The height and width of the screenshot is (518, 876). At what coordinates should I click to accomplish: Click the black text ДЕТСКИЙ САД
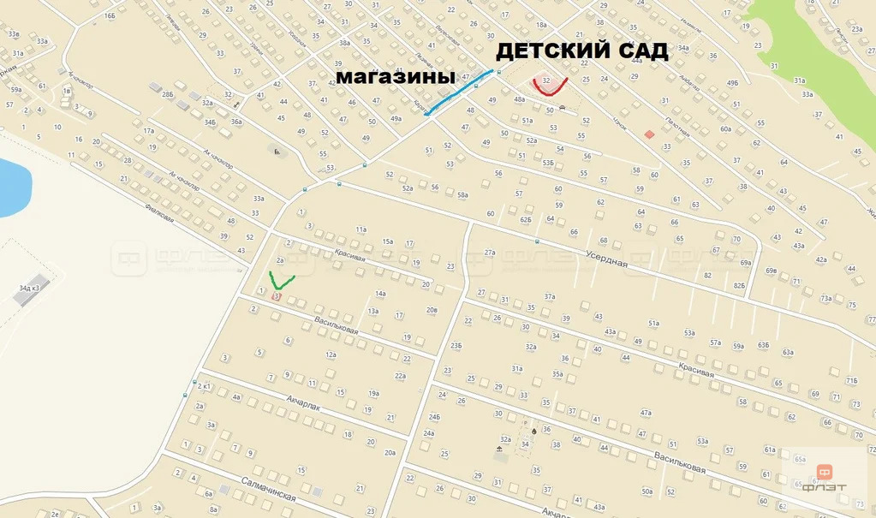coord(581,51)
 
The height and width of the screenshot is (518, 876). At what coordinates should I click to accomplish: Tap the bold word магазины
coord(395,77)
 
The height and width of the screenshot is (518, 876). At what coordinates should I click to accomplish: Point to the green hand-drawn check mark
coord(281,279)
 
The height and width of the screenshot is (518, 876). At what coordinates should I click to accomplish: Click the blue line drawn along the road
coord(459,91)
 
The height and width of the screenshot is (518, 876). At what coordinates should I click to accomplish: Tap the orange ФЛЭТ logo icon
coord(825,471)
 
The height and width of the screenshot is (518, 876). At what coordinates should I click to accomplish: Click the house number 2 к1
coord(204,387)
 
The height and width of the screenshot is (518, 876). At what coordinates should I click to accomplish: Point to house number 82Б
coord(739,284)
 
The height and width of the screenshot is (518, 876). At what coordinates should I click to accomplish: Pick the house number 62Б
coord(525,219)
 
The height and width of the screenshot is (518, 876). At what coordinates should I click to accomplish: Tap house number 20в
coord(432,310)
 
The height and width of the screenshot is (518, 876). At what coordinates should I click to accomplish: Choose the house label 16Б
coord(108,16)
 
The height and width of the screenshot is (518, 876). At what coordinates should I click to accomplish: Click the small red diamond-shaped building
coord(649,134)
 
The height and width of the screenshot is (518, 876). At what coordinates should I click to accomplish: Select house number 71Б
coord(852,380)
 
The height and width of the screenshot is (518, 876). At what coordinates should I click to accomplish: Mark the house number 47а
coord(646,412)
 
